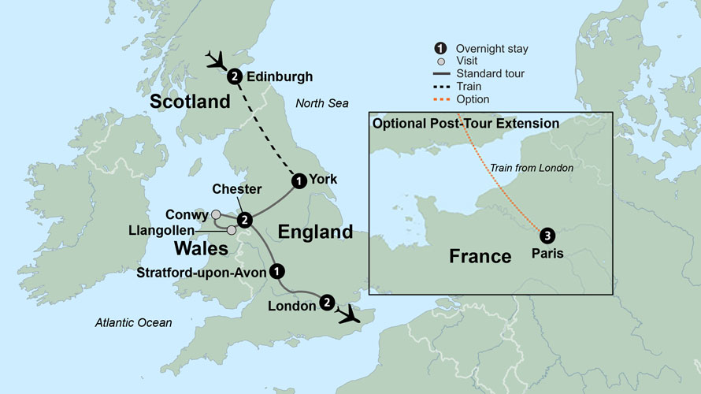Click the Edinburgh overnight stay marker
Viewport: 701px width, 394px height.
click(235, 77)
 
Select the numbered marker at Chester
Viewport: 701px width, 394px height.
click(244, 220)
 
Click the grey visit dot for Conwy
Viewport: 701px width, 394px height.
click(216, 214)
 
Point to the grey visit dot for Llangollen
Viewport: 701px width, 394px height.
click(231, 230)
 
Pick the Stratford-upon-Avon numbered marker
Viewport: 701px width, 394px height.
click(276, 271)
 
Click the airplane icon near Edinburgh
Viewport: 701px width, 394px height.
click(214, 59)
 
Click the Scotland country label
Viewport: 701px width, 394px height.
click(190, 102)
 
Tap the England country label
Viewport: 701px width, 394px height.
click(315, 232)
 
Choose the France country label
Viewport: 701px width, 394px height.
click(481, 256)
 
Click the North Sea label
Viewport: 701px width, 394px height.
click(321, 104)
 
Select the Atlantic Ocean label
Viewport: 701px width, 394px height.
click(133, 322)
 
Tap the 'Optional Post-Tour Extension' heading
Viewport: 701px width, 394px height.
click(465, 124)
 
